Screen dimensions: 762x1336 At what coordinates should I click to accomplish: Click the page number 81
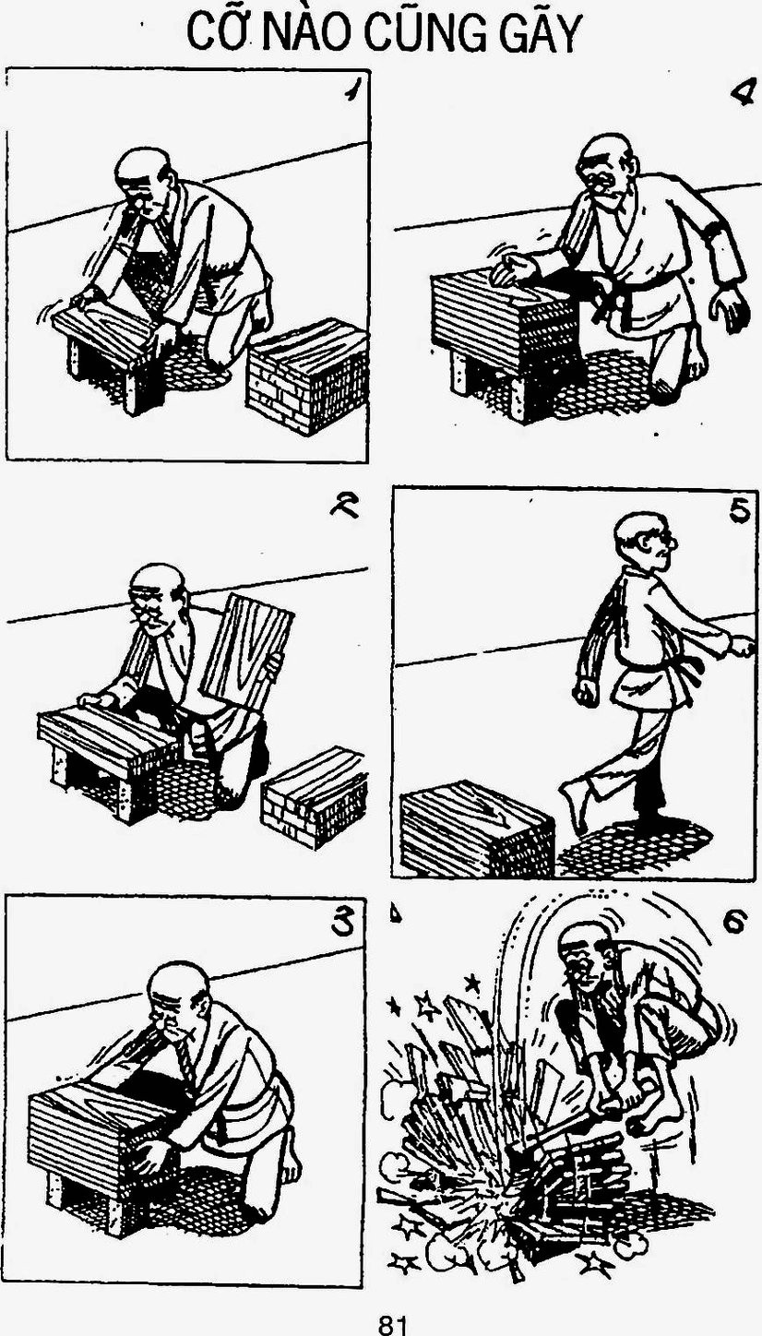tap(392, 1323)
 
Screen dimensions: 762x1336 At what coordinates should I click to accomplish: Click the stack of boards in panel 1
tap(307, 375)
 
